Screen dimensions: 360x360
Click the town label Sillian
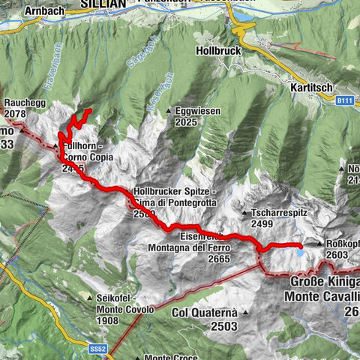pyautogui.click(x=102, y=4)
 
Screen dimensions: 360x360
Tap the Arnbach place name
pyautogui.click(x=45, y=11)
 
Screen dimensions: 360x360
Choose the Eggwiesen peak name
pyautogui.click(x=197, y=111)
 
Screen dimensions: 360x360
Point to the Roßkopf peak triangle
pyautogui.click(x=321, y=244)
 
